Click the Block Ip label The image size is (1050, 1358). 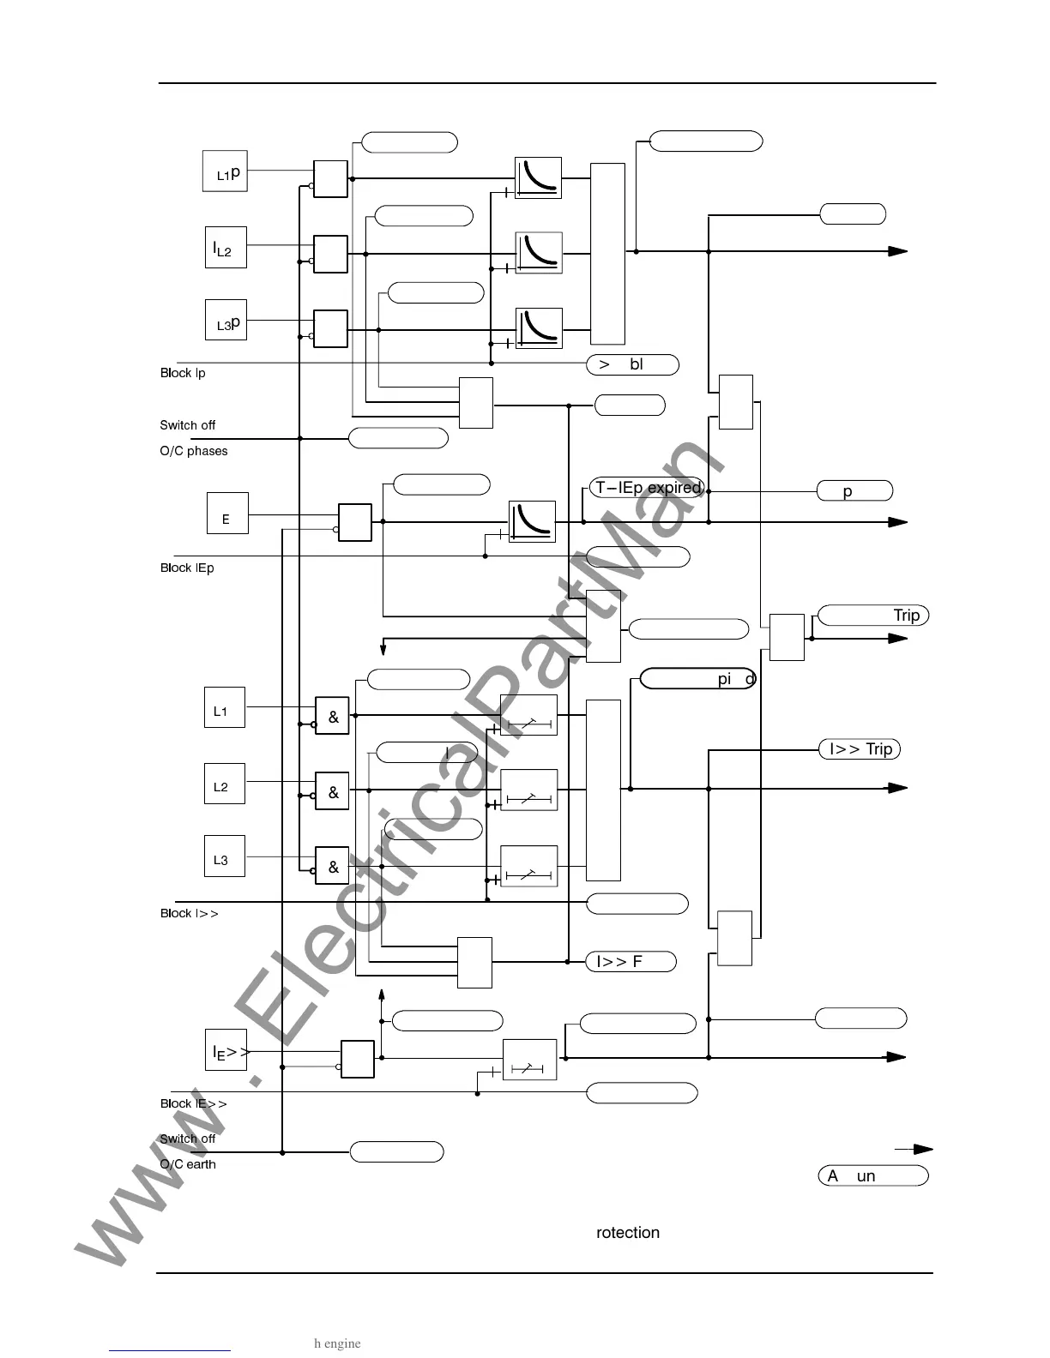tap(183, 373)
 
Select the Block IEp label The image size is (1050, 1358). tap(187, 568)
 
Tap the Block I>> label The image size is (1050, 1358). tap(190, 913)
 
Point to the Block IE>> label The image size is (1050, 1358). tap(194, 1103)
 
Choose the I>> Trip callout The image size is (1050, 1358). tap(860, 749)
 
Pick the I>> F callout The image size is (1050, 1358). tap(631, 962)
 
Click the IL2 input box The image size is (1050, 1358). tap(226, 248)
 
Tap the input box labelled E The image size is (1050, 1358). tap(227, 514)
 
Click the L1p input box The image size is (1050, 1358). tap(225, 171)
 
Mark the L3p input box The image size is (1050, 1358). tap(226, 320)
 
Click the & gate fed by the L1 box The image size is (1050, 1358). tap(333, 717)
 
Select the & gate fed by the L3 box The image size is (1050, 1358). tap(333, 866)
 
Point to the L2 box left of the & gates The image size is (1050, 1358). tap(224, 784)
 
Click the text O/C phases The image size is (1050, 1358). tap(194, 451)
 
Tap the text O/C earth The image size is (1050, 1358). tap(188, 1164)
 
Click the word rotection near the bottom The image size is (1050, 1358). tap(628, 1233)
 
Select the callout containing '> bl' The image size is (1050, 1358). tap(632, 364)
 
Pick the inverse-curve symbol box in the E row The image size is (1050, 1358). tap(532, 521)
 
